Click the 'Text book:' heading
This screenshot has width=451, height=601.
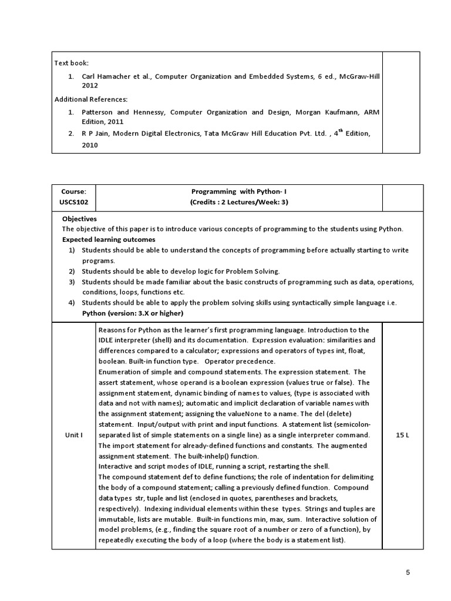[72, 63]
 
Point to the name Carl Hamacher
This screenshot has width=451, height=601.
[106, 76]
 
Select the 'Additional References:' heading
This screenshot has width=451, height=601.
[91, 99]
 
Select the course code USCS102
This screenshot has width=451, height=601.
[73, 202]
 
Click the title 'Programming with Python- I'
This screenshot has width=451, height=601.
[238, 191]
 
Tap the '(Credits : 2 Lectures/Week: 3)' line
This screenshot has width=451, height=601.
[238, 202]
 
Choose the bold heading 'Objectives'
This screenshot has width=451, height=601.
[79, 218]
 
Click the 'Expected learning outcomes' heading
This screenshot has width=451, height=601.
[109, 239]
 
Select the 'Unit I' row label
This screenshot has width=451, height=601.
[73, 435]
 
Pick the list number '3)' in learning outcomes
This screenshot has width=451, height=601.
[72, 282]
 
